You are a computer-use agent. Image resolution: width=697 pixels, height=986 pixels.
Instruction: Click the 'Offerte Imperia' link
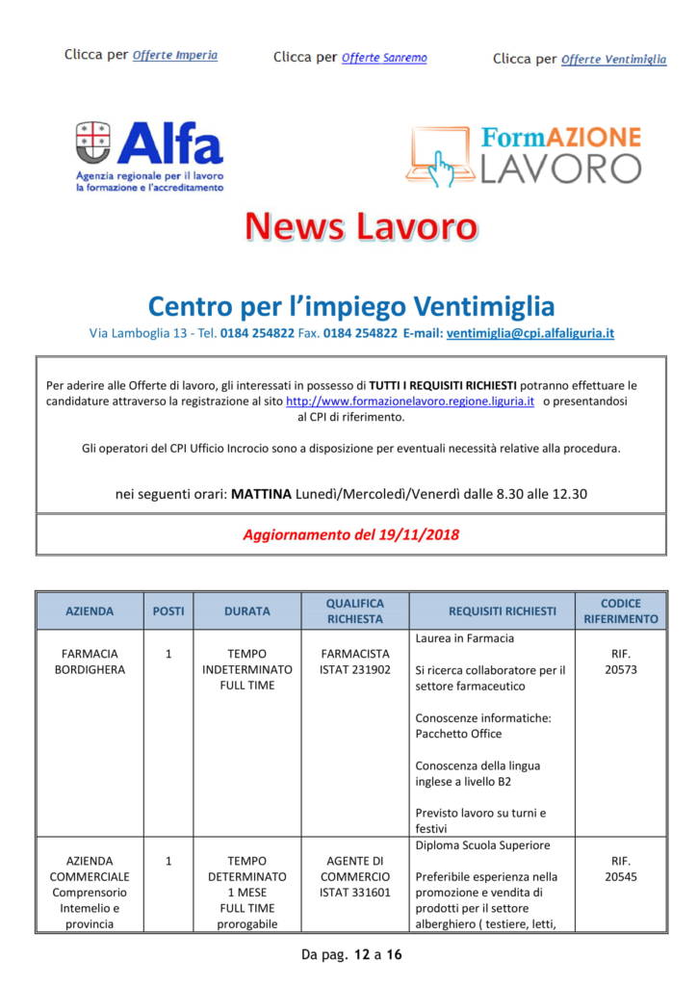point(174,55)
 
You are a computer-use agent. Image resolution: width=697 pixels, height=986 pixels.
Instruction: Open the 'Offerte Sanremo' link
point(384,58)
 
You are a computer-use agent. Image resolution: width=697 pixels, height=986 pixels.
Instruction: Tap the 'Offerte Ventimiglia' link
point(613,59)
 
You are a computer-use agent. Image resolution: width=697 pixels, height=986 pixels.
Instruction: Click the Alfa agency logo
point(149,155)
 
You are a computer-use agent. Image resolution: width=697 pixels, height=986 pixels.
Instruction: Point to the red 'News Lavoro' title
point(361,226)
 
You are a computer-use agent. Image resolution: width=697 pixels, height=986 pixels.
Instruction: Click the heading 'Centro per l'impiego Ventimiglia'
point(351,306)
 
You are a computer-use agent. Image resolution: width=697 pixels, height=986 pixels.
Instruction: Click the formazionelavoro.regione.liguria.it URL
point(410,401)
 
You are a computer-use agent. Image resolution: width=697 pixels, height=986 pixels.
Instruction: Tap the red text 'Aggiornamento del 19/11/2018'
point(350,534)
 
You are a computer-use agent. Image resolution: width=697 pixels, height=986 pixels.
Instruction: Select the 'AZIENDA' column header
point(90,610)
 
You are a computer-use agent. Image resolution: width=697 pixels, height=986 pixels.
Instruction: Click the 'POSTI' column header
point(168,610)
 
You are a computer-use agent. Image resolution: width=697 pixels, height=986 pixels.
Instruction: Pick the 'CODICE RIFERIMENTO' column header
point(620,610)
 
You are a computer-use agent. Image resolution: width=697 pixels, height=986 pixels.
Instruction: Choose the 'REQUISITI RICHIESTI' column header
point(502,610)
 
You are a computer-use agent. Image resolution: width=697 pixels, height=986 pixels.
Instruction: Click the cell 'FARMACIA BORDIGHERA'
point(90,662)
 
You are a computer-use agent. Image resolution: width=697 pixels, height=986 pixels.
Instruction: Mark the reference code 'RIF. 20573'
point(620,662)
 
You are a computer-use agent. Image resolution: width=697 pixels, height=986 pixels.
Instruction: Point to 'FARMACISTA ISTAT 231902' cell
point(355,662)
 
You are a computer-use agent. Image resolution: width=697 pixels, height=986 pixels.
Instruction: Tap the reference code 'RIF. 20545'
point(620,869)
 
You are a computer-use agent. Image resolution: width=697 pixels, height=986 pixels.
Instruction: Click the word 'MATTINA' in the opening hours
point(262,494)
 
